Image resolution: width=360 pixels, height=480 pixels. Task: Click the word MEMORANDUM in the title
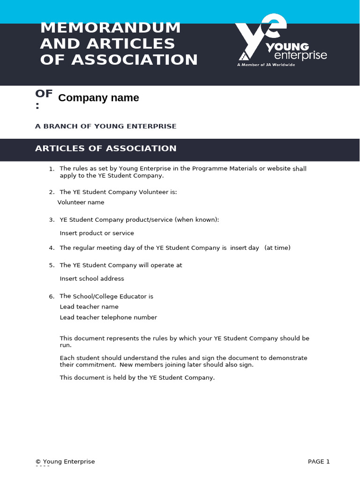click(110, 28)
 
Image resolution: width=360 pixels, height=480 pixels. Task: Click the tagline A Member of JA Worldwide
click(266, 65)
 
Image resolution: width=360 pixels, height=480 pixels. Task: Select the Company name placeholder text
click(98, 98)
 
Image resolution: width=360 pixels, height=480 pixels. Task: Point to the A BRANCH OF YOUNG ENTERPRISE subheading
click(106, 126)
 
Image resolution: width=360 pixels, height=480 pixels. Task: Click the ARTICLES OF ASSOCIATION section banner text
click(106, 149)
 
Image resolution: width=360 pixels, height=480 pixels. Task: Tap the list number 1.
click(52, 169)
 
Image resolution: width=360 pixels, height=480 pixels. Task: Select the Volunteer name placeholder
click(81, 202)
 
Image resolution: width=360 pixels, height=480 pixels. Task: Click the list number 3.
click(52, 220)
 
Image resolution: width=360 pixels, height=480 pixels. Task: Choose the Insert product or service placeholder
click(97, 233)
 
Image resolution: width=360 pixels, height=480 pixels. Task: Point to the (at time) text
click(277, 248)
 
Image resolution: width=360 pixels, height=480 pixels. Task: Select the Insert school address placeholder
click(92, 279)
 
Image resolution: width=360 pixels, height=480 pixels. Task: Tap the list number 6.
click(52, 296)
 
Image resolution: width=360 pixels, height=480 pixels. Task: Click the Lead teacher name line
click(89, 307)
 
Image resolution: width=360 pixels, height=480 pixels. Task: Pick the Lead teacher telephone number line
click(108, 318)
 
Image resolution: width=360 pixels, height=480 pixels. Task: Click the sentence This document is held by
click(137, 378)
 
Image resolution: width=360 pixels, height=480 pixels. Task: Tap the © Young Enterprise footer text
click(65, 462)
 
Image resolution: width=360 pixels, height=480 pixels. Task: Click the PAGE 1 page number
click(319, 462)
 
